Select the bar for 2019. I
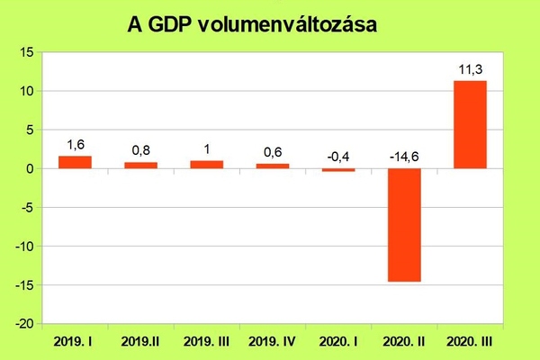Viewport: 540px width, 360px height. point(75,162)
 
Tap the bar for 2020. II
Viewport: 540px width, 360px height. point(403,225)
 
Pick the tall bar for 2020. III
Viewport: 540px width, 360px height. point(470,125)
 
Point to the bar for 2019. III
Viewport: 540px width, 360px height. point(206,165)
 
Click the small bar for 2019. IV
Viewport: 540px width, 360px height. point(272,166)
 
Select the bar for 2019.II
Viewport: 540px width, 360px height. point(140,166)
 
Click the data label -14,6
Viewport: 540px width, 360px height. point(404,157)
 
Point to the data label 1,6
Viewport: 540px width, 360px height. point(75,142)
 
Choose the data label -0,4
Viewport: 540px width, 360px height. point(338,157)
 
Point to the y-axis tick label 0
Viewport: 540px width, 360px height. point(29,168)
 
